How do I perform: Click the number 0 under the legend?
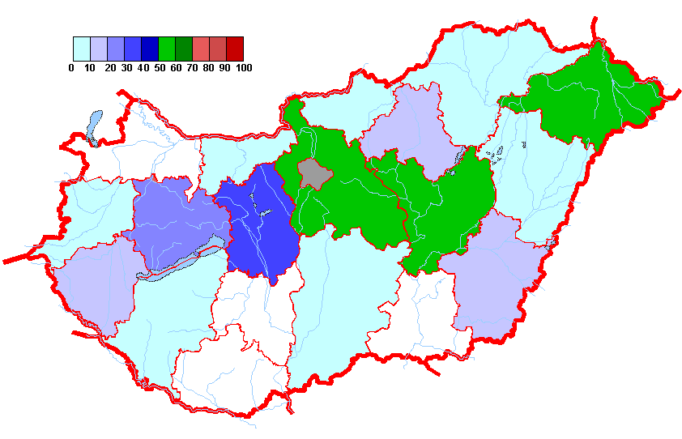click(71, 68)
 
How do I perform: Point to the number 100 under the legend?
click(243, 68)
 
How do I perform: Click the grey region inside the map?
click(312, 173)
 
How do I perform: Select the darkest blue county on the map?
click(259, 227)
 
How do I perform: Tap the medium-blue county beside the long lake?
click(174, 223)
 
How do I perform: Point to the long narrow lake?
click(182, 260)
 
